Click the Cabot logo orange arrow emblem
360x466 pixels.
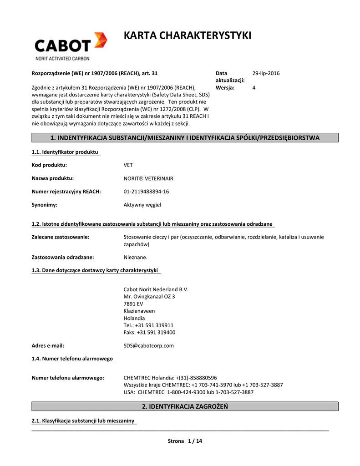[x=100, y=41]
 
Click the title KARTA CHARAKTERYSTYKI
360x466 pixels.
[x=188, y=35]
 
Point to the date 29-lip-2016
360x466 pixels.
[x=266, y=73]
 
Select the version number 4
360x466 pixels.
[x=254, y=87]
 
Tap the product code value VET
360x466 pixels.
[x=128, y=165]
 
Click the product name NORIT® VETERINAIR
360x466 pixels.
[x=148, y=178]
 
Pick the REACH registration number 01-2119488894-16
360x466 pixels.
[x=146, y=192]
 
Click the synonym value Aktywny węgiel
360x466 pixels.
[x=142, y=205]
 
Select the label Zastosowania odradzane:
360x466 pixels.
[x=63, y=257]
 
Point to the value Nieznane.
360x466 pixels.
[x=136, y=257]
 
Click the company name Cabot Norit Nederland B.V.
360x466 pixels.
[x=156, y=289]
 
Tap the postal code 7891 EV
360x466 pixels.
[x=133, y=304]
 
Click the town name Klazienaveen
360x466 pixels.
[x=139, y=311]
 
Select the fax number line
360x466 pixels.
[x=149, y=332]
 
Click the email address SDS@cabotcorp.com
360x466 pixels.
[x=149, y=345]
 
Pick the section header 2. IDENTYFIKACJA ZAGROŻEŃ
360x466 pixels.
[x=185, y=406]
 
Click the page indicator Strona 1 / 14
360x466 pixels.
[x=185, y=441]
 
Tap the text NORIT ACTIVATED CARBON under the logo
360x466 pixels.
[x=62, y=58]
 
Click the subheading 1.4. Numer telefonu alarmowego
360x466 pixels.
[x=72, y=359]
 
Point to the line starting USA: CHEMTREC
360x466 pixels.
[x=188, y=392]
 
